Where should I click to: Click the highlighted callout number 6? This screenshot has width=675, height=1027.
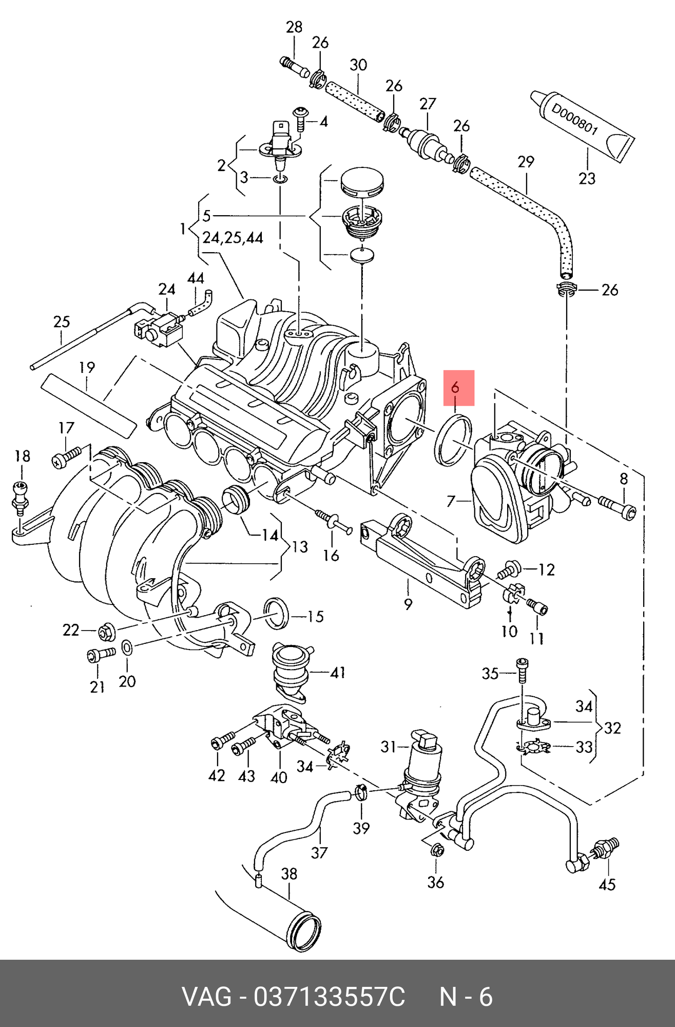pyautogui.click(x=455, y=387)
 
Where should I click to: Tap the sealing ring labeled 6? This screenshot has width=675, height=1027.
pyautogui.click(x=453, y=440)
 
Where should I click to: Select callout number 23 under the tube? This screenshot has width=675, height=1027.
pyautogui.click(x=587, y=179)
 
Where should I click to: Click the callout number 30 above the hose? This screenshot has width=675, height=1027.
pyautogui.click(x=358, y=65)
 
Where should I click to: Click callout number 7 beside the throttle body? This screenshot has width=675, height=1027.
pyautogui.click(x=451, y=501)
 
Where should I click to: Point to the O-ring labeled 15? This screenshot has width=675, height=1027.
pyautogui.click(x=276, y=613)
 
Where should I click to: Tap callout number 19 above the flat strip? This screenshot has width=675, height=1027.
pyautogui.click(x=87, y=368)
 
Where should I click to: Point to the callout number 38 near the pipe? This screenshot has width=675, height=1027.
pyautogui.click(x=290, y=874)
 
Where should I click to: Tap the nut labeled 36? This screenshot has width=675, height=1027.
pyautogui.click(x=437, y=849)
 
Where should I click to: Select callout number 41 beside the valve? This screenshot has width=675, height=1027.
pyautogui.click(x=337, y=672)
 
